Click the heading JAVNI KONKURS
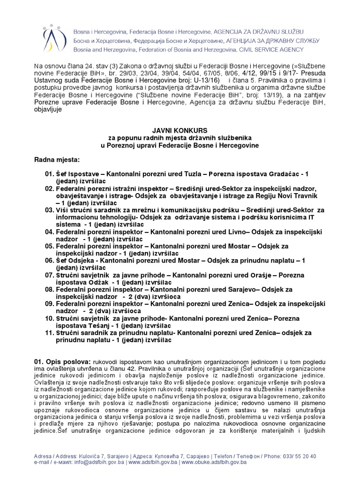(x=180, y=130)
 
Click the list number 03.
(x=50, y=210)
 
